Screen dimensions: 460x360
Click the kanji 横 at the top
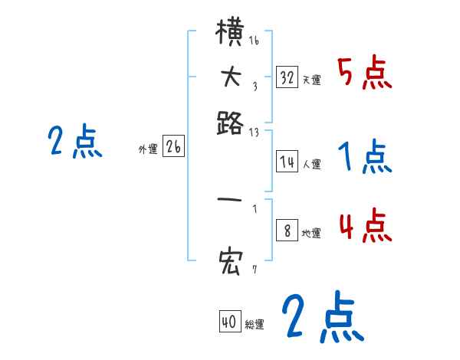pos(230,35)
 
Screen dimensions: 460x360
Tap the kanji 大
pos(230,77)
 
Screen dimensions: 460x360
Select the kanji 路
pos(230,123)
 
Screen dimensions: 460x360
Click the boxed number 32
pos(287,77)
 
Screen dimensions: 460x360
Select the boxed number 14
pos(287,161)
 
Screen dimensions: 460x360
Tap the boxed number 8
pos(287,231)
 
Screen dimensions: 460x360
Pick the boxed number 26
pos(173,148)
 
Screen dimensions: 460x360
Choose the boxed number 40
pos(229,322)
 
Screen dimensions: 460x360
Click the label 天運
pos(312,80)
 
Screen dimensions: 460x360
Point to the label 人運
pos(312,163)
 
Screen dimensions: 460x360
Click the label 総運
pos(255,325)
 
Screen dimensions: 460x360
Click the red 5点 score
pos(364,74)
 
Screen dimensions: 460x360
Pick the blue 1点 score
pos(364,158)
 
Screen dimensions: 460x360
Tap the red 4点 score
pos(364,227)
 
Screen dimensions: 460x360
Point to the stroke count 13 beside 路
pos(254,133)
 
